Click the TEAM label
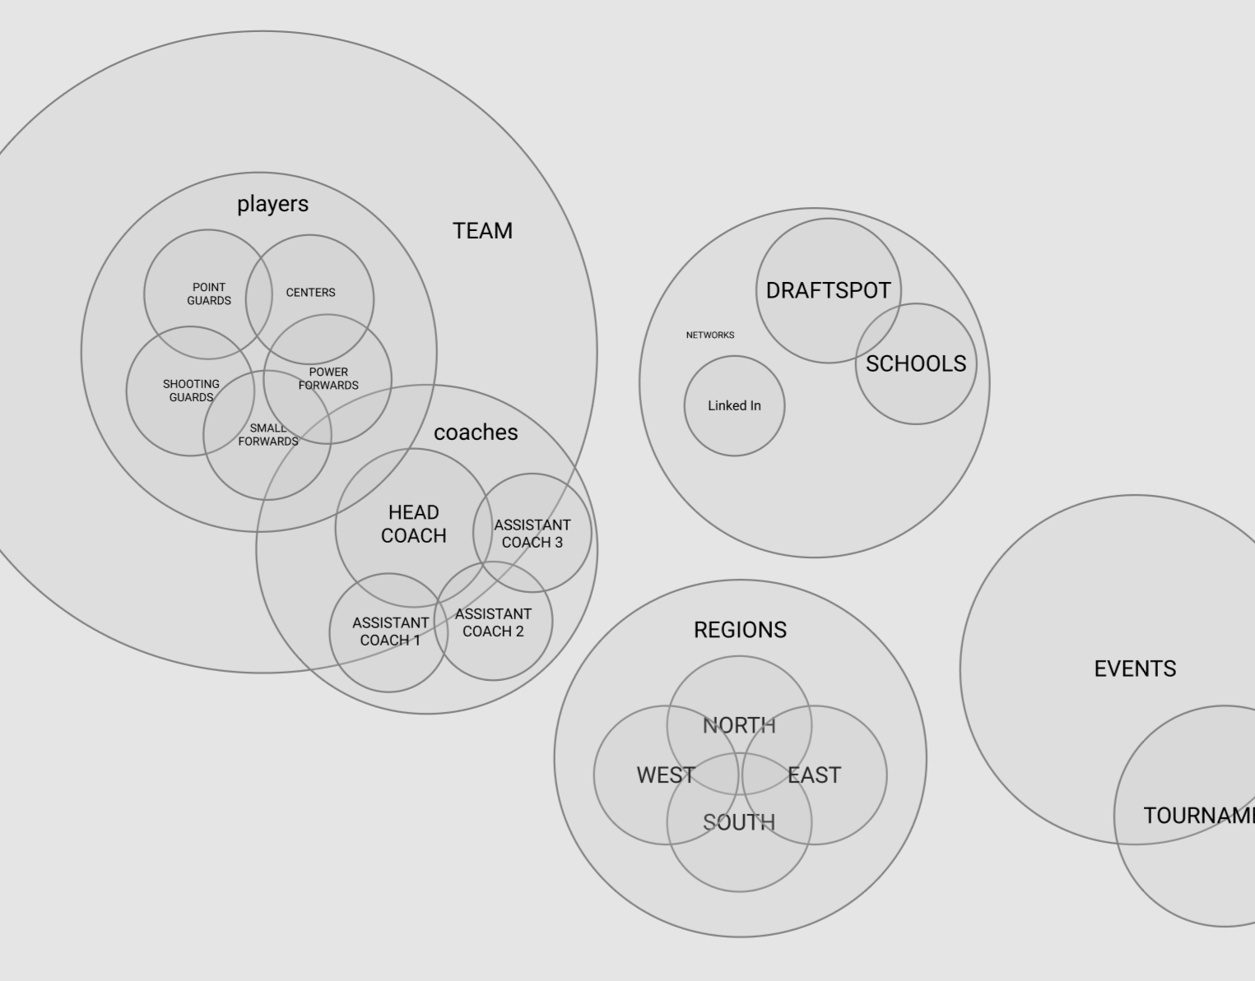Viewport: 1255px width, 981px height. [482, 231]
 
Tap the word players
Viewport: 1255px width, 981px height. [272, 204]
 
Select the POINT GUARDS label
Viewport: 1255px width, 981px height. [209, 294]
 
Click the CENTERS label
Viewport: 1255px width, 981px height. [310, 293]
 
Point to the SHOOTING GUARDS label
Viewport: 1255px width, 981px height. [191, 391]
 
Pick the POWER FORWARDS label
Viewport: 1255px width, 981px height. [328, 379]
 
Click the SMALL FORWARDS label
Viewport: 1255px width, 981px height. [268, 435]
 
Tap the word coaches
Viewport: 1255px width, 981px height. [476, 433]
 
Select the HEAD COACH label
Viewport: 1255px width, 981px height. [413, 524]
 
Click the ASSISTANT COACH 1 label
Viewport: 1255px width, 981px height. [390, 632]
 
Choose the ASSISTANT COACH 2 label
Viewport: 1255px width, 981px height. [493, 622]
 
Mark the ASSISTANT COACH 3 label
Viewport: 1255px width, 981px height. [532, 534]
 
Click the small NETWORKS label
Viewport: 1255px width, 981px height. [710, 335]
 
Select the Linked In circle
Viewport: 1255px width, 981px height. [734, 406]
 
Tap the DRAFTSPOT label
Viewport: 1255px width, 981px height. [828, 291]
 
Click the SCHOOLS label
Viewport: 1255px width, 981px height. [916, 364]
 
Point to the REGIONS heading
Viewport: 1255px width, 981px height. [740, 631]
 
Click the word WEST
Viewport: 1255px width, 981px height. [666, 775]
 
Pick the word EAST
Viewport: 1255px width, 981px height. [814, 775]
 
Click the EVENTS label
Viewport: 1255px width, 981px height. [1135, 669]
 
